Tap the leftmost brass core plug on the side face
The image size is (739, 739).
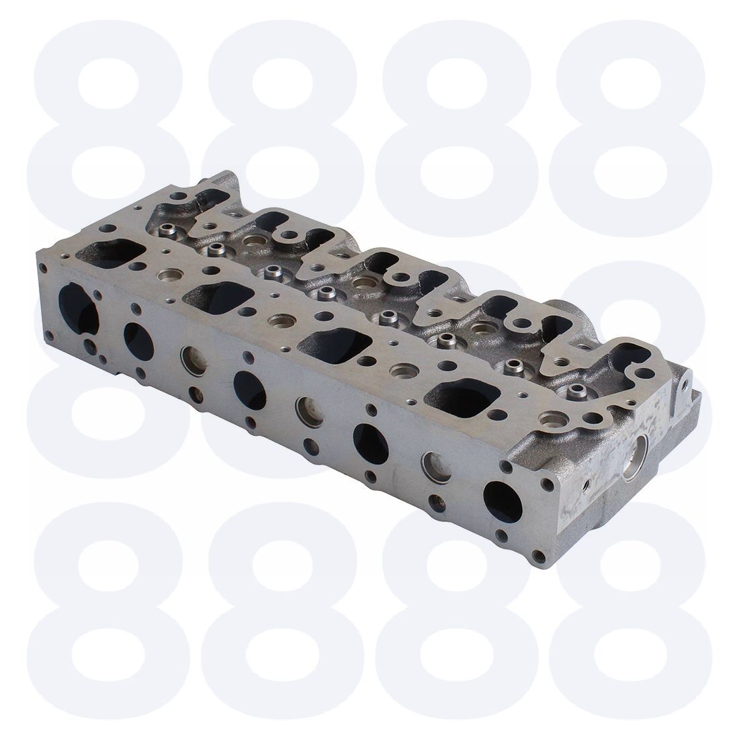[193, 361]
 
